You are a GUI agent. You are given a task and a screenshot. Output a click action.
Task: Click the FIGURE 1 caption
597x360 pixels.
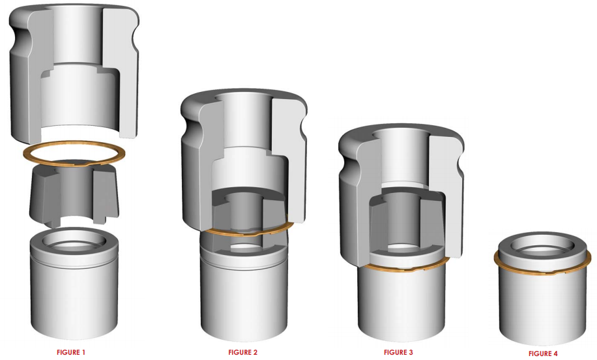pos(71,352)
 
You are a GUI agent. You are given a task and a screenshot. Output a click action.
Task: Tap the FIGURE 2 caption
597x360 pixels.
pos(243,352)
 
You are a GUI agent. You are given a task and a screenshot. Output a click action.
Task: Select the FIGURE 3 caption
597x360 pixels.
pos(398,352)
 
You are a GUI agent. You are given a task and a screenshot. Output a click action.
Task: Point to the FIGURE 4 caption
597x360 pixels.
pos(543,353)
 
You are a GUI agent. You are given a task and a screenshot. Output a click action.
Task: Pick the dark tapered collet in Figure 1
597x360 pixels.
pos(74,192)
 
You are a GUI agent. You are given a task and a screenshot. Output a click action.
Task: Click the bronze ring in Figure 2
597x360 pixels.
pos(244,233)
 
